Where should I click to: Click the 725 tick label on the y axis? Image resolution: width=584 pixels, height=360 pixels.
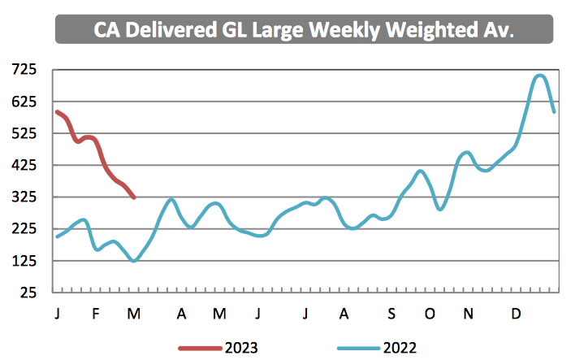(x=24, y=69)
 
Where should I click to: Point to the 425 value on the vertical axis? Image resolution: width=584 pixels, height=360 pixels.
(x=24, y=165)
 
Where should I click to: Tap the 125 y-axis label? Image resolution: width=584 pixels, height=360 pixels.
(x=24, y=261)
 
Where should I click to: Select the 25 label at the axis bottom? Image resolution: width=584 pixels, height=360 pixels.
(x=28, y=293)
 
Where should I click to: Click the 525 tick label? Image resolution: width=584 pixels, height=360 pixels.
(x=24, y=133)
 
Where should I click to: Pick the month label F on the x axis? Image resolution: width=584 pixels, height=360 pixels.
(x=96, y=314)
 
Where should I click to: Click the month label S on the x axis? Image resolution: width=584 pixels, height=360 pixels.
(x=391, y=314)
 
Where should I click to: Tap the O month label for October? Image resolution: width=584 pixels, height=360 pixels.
(x=430, y=314)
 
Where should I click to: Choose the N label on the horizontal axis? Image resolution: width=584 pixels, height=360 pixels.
(x=468, y=314)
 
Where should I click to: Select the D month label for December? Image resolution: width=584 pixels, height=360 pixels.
(x=516, y=314)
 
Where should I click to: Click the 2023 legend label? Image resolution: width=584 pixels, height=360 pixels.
(x=241, y=348)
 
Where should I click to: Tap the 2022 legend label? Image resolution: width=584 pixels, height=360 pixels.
(x=400, y=348)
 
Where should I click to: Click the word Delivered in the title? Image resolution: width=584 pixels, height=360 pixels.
(x=171, y=29)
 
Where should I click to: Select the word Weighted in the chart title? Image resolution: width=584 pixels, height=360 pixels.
(x=432, y=30)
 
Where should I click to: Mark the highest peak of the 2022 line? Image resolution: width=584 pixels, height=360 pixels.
(x=539, y=76)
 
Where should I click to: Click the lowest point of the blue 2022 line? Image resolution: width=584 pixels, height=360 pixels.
(x=134, y=261)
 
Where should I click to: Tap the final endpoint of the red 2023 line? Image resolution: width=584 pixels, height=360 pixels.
(x=135, y=197)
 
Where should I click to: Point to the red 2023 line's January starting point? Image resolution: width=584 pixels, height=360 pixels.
(x=57, y=111)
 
